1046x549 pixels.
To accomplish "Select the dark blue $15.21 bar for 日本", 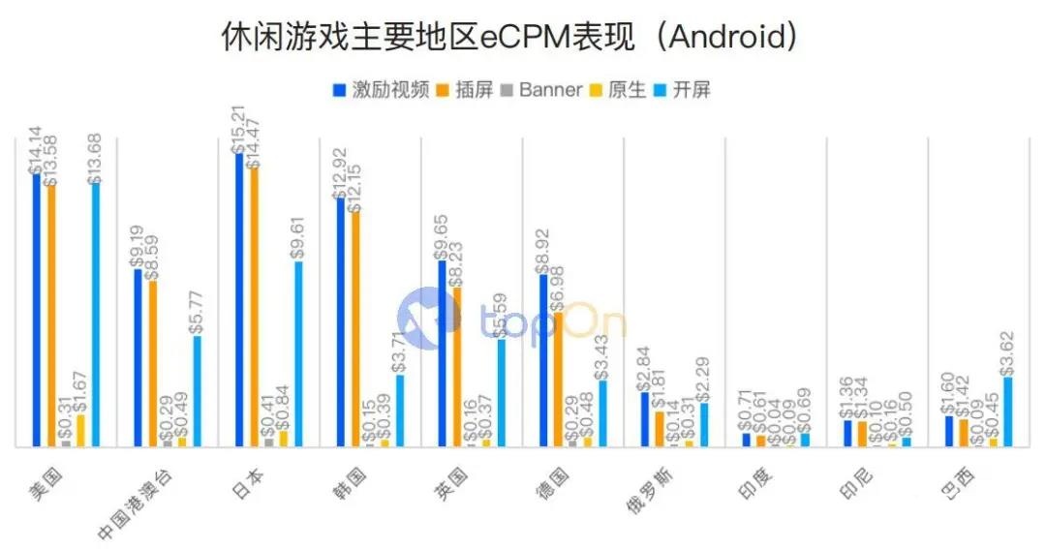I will tap(239, 300).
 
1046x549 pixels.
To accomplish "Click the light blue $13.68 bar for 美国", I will tap(96, 315).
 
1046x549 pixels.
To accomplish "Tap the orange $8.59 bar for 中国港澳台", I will tap(153, 364).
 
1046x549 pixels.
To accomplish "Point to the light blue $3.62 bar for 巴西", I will tap(1008, 412).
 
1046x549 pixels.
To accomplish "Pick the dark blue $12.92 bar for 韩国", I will tap(341, 322).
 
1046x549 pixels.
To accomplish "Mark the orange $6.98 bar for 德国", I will tap(558, 380).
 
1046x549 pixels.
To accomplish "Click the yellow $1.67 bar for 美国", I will tap(81, 431).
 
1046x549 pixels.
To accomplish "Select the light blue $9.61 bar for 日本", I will tap(298, 354).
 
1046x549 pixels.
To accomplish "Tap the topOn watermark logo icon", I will tap(429, 317).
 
